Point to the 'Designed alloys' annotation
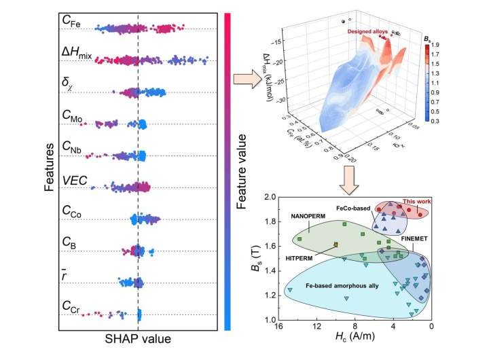(367, 31)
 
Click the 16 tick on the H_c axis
(278, 328)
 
